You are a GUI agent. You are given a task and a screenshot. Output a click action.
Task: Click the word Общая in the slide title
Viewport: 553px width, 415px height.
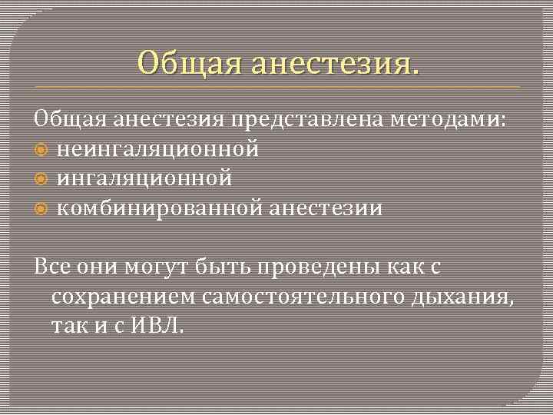point(178,61)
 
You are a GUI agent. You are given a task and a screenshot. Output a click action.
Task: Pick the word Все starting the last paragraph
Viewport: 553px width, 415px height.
point(51,267)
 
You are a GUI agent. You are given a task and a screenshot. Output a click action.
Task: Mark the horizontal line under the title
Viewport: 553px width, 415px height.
point(276,87)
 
